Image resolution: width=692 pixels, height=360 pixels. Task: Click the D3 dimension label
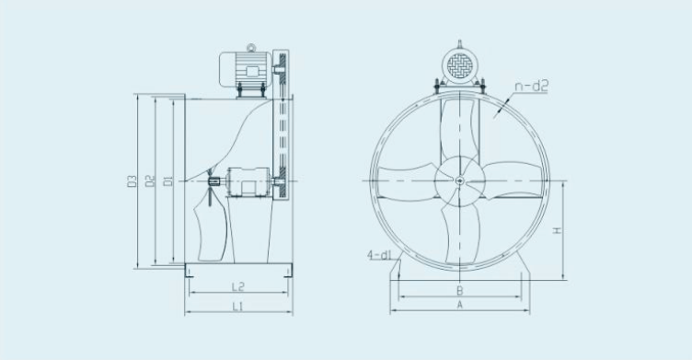coord(132,181)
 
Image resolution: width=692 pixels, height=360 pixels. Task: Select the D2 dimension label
coord(151,180)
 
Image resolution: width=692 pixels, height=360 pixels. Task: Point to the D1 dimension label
coord(167,180)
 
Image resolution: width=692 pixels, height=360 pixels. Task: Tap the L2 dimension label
coord(238,286)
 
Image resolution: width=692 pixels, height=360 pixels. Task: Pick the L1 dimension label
coord(238,306)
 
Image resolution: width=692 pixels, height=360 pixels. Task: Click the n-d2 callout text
coord(531,86)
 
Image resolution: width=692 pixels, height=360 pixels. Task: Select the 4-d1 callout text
coord(380,255)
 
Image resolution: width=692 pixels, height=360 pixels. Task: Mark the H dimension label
coord(558,230)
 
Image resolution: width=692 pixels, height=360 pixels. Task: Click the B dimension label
coord(460,291)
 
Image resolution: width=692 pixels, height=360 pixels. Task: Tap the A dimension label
coord(460,305)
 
